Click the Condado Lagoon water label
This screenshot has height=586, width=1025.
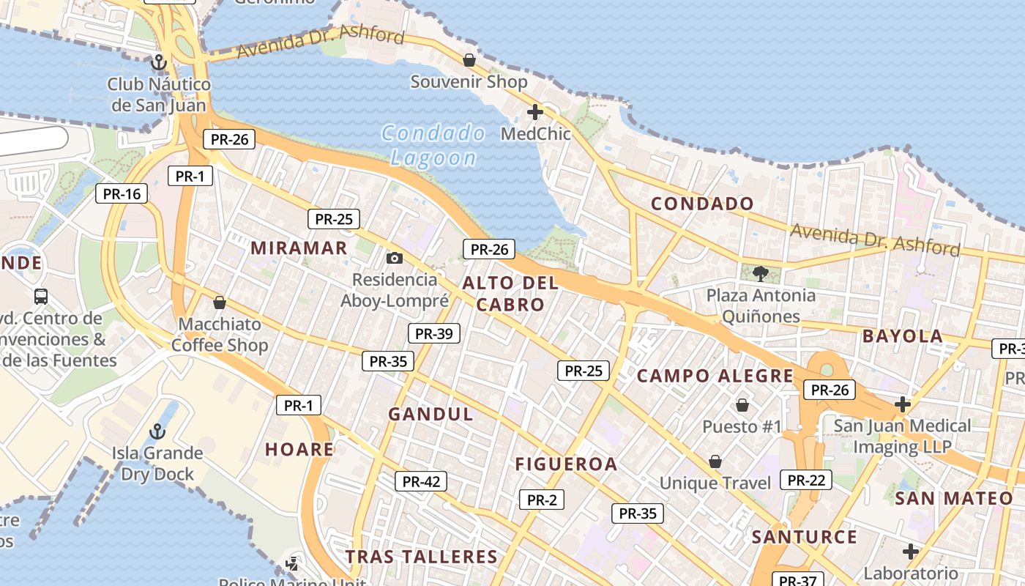tap(433, 145)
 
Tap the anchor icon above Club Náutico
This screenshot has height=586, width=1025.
tap(159, 62)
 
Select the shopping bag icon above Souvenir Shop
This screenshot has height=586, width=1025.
tap(469, 59)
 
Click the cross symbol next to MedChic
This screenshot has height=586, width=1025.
tap(535, 112)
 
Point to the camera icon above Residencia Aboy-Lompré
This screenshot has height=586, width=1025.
tap(395, 258)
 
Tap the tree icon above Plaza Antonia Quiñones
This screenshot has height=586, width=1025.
tap(761, 274)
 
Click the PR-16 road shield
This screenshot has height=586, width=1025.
tap(122, 193)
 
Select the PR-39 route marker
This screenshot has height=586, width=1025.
tap(433, 333)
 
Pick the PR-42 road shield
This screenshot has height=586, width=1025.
tap(421, 481)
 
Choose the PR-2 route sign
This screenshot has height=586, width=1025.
tap(542, 500)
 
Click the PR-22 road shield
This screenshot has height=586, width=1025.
tap(806, 480)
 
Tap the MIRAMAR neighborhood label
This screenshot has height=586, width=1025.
tap(299, 248)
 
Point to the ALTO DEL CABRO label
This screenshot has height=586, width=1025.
tap(510, 294)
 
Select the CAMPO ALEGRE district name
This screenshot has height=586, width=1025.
tap(715, 376)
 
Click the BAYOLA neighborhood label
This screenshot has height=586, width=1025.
tap(903, 336)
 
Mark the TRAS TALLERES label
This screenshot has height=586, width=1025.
tap(422, 557)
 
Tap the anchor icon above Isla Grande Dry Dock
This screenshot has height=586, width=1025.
tap(157, 431)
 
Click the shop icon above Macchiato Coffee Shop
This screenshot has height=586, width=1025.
tap(219, 302)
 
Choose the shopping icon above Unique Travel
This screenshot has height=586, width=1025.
tap(715, 461)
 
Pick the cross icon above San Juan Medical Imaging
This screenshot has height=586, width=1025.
tap(903, 404)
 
